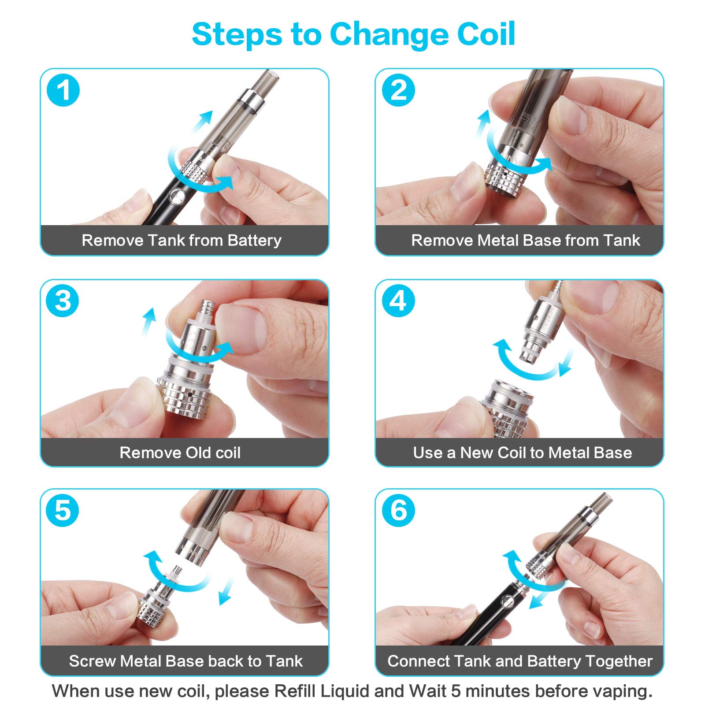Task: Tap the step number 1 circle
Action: click(63, 90)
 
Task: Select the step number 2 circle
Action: click(398, 90)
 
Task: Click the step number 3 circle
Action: click(63, 301)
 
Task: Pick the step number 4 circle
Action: click(398, 301)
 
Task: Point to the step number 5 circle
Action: click(63, 511)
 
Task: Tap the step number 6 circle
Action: click(398, 511)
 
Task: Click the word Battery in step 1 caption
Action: click(255, 241)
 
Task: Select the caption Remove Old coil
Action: click(180, 453)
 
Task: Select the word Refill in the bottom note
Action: click(295, 690)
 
